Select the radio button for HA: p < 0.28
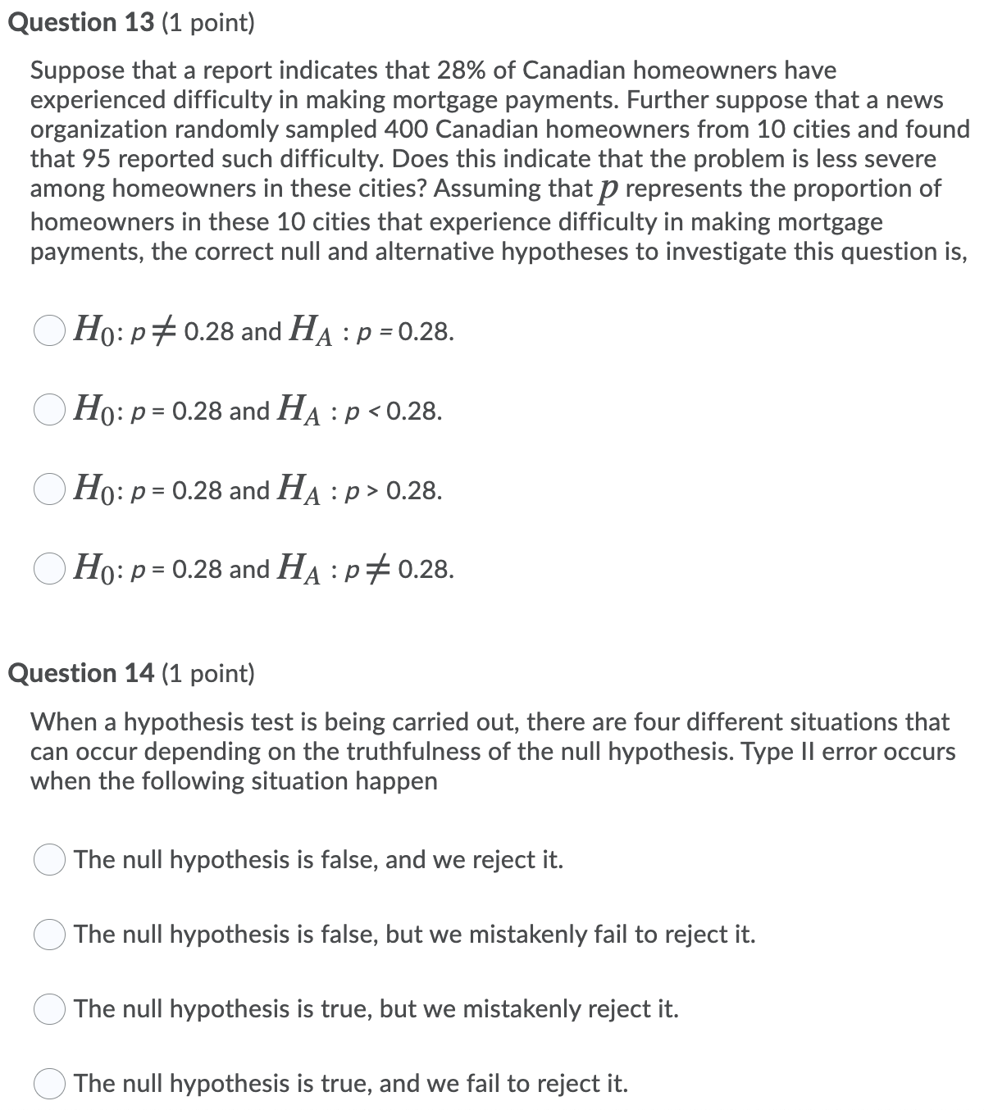[49, 410]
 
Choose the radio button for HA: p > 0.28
[49, 489]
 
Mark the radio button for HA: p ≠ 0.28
[49, 568]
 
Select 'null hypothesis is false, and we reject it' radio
[49, 859]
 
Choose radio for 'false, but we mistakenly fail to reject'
[49, 934]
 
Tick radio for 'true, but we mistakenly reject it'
[49, 1008]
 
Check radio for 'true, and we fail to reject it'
[49, 1083]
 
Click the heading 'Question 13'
[80, 23]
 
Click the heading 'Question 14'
[80, 673]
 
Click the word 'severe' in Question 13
[899, 159]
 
